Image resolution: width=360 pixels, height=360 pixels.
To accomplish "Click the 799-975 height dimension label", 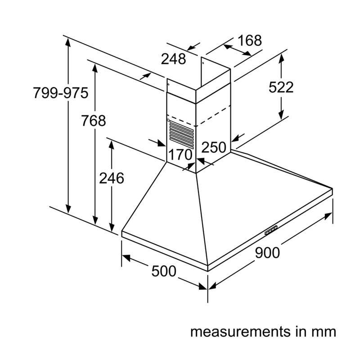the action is tap(61, 93).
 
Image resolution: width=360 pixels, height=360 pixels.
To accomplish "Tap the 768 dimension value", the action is tap(94, 121).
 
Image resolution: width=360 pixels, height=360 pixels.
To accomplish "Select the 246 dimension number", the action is tap(112, 178).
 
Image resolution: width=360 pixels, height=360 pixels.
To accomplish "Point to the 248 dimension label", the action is tap(173, 59).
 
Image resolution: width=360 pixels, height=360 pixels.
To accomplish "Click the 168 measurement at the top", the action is tap(250, 40).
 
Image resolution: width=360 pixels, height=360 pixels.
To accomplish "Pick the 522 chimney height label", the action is tap(281, 87).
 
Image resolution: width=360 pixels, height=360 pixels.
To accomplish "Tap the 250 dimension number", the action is tap(214, 147).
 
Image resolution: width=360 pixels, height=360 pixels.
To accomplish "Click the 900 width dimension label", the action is tap(267, 252).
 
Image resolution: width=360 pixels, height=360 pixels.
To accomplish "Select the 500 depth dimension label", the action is tap(164, 271).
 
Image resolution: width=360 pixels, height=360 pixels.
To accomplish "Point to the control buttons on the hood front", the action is tap(271, 230).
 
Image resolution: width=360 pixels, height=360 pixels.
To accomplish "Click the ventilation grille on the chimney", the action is tap(181, 134).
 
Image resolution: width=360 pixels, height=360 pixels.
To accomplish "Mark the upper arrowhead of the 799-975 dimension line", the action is tap(68, 43).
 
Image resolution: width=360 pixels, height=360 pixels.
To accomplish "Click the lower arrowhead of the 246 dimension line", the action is tap(112, 227).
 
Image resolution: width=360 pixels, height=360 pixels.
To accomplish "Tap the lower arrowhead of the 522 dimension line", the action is tap(281, 115).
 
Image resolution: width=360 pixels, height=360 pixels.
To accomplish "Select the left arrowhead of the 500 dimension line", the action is tap(126, 257).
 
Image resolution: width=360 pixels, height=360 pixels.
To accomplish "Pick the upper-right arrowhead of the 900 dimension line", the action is tap(328, 216).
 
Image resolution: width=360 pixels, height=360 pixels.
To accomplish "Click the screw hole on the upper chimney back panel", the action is tap(203, 63).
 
